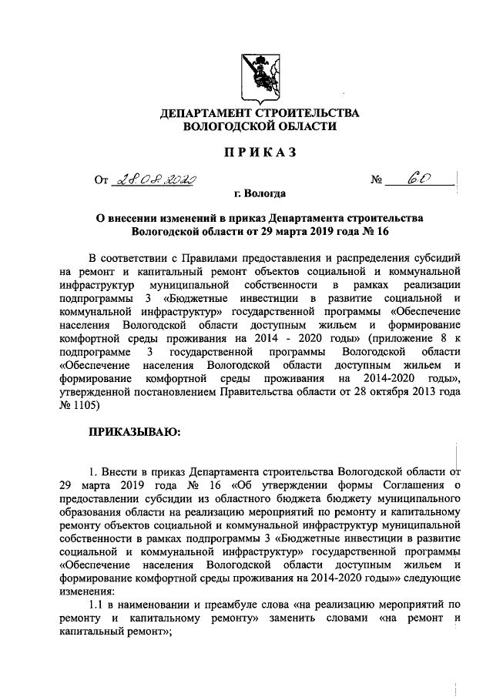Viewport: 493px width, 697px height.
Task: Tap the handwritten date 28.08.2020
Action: (154, 181)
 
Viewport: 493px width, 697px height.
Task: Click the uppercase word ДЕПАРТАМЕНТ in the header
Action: (208, 114)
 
